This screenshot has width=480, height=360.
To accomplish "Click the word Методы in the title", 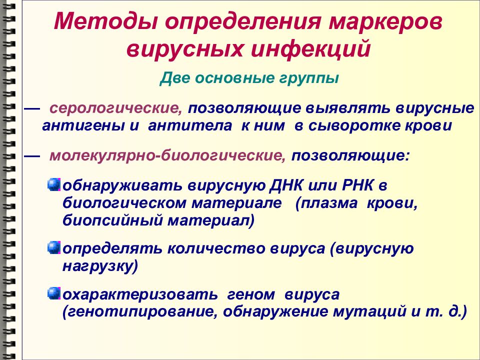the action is click(x=106, y=21).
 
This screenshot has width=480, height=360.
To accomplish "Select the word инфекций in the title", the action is click(x=311, y=49).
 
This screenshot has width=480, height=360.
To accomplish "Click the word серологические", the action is click(x=116, y=108).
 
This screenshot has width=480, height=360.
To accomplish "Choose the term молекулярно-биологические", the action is click(x=168, y=155).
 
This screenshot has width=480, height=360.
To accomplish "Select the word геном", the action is click(x=251, y=295).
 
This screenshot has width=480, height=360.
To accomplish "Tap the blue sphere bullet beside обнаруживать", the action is click(x=54, y=185).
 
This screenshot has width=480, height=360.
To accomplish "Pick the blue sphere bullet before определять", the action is click(x=54, y=247).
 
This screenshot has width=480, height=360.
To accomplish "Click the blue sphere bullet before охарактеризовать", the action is click(x=54, y=293).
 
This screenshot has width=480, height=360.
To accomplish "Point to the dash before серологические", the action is click(x=32, y=109).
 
